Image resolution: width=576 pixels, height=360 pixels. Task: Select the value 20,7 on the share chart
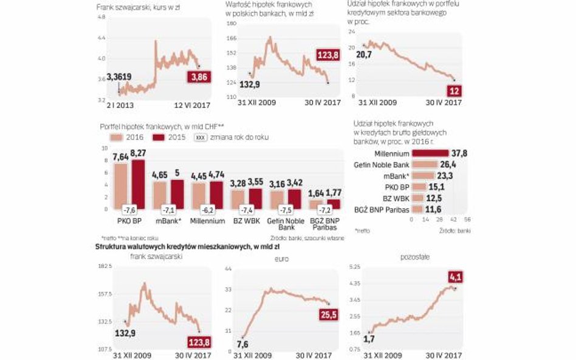[364, 55]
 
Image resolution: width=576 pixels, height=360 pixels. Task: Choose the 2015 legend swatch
[159, 137]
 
